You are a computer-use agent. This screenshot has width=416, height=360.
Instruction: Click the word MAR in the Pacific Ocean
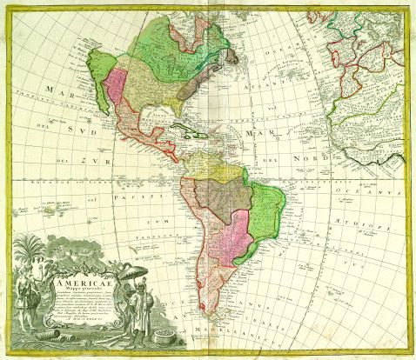[37, 92]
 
